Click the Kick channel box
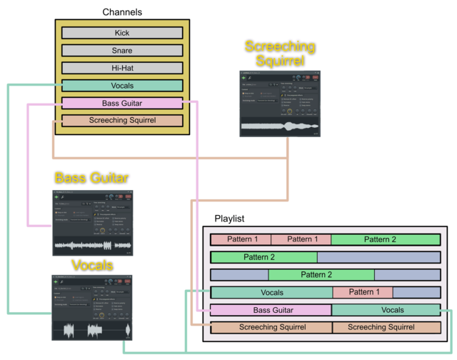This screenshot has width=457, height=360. point(122,33)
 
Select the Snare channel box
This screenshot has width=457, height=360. point(122,51)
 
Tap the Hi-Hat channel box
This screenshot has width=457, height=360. point(122,68)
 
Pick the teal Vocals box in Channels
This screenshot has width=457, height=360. point(122,86)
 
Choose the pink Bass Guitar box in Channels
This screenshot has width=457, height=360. point(122,104)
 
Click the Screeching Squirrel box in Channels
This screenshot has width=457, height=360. point(122,121)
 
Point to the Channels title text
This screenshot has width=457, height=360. point(122,12)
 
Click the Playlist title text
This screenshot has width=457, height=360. point(230,218)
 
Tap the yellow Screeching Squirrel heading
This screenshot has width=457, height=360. point(280,54)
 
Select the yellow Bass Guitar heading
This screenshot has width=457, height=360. point(91,177)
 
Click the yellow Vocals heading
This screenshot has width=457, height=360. point(92,266)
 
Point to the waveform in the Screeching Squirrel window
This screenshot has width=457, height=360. point(280,127)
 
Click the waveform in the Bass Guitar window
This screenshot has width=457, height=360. point(92,246)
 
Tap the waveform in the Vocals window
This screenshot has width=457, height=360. point(92,331)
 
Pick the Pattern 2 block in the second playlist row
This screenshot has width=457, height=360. point(263,256)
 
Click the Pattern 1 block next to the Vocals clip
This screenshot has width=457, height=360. point(362,292)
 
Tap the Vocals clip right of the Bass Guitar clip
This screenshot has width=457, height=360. point(386,310)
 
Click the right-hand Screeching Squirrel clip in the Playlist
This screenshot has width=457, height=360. point(386,327)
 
